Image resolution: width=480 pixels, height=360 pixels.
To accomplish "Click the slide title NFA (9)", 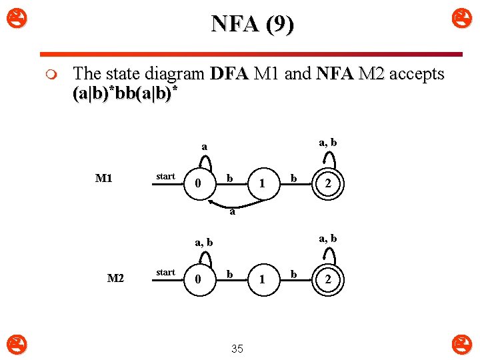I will [252, 25].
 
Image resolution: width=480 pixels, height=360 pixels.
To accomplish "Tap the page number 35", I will [237, 349].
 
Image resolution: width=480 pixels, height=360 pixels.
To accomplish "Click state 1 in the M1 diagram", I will [262, 183].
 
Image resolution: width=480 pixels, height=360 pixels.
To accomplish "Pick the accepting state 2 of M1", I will [326, 183].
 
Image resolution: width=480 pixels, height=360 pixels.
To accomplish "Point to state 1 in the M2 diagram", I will [262, 280].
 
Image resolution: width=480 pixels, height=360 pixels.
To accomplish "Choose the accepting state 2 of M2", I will [326, 280].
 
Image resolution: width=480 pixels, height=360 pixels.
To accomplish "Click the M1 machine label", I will [103, 178].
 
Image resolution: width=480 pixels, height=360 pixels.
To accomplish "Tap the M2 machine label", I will [115, 277].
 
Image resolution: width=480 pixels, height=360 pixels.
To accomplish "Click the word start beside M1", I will [165, 176].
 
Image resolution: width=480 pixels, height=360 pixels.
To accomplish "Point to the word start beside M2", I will [165, 272].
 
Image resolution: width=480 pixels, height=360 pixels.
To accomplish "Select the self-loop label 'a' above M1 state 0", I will [205, 146].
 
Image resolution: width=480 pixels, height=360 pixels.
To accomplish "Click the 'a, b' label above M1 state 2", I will [327, 142].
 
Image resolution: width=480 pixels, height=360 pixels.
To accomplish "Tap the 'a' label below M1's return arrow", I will [231, 214].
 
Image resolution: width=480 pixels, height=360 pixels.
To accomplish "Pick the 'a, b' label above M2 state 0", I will [204, 243].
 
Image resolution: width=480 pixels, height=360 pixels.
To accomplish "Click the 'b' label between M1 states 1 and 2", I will [293, 179].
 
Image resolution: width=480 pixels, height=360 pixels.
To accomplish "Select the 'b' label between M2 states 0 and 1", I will [229, 274].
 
